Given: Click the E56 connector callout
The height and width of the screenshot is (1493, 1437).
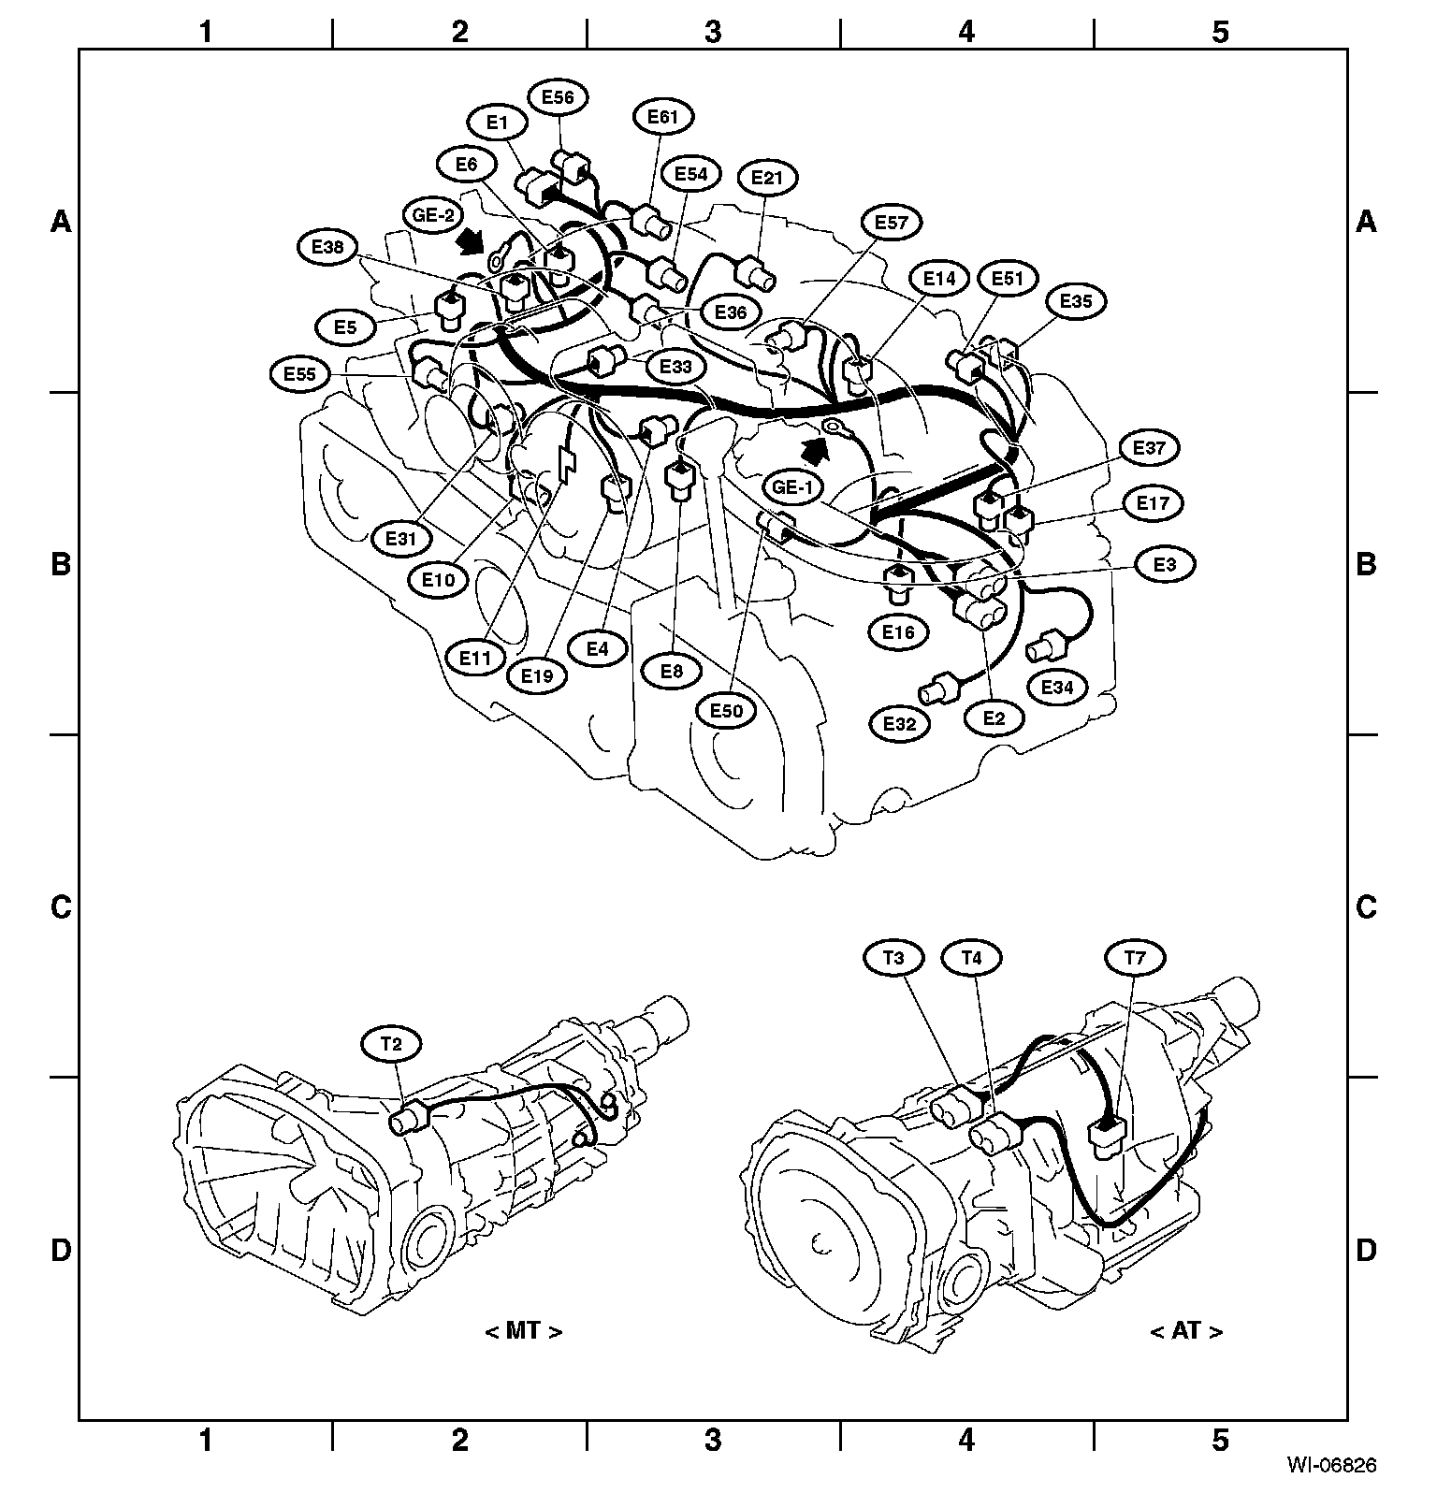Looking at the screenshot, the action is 559,96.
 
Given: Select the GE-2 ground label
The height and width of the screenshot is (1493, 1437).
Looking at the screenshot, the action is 433,214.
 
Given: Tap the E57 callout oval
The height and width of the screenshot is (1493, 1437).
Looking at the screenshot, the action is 892,223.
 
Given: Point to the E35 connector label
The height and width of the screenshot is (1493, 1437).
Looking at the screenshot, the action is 1076,301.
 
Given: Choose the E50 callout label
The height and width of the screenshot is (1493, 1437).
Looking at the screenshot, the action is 726,711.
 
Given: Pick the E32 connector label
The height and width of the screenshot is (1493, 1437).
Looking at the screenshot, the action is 899,723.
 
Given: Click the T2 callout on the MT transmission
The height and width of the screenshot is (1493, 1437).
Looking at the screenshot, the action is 392,1044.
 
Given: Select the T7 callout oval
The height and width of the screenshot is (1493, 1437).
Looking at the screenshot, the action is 1135,957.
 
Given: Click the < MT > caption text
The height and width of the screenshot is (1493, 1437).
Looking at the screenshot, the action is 524,1330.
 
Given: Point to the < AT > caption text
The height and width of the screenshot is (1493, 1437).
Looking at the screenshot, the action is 1185,1330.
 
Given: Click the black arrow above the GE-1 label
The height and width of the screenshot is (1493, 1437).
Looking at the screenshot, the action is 817,452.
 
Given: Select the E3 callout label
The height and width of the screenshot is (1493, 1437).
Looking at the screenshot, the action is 1165,565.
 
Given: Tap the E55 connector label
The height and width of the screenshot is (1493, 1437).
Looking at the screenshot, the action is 300,374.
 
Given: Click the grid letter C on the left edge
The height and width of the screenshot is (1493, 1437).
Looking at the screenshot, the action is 61,906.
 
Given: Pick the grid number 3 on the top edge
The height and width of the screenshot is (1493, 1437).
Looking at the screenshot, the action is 713,31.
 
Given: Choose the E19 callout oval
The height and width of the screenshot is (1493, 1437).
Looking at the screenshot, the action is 537,675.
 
